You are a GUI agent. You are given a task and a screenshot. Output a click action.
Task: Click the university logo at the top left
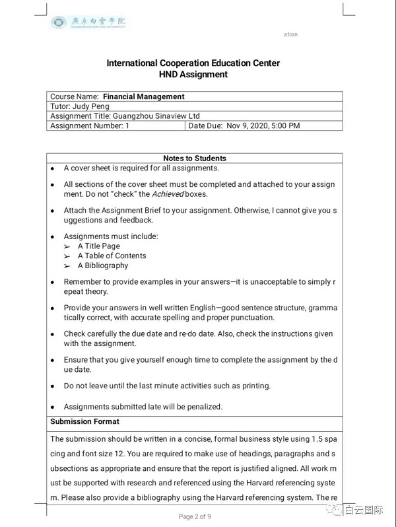coord(89,22)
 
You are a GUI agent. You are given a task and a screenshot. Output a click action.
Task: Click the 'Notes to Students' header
coord(194,158)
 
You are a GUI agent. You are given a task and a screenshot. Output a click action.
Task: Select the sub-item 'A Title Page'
coord(98,246)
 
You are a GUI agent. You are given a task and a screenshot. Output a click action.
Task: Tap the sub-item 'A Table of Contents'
coord(112,256)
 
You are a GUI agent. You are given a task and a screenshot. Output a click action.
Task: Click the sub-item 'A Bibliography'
coord(102,265)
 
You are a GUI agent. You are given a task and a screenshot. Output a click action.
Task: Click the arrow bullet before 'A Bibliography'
coord(67,265)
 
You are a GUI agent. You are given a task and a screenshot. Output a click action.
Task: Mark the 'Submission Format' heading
coord(84,421)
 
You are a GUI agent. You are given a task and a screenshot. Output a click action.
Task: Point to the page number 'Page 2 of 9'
coord(195,516)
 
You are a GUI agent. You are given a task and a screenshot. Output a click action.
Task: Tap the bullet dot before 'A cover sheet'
coord(53,168)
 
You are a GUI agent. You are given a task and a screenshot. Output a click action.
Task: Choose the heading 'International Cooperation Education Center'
coord(193,63)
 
